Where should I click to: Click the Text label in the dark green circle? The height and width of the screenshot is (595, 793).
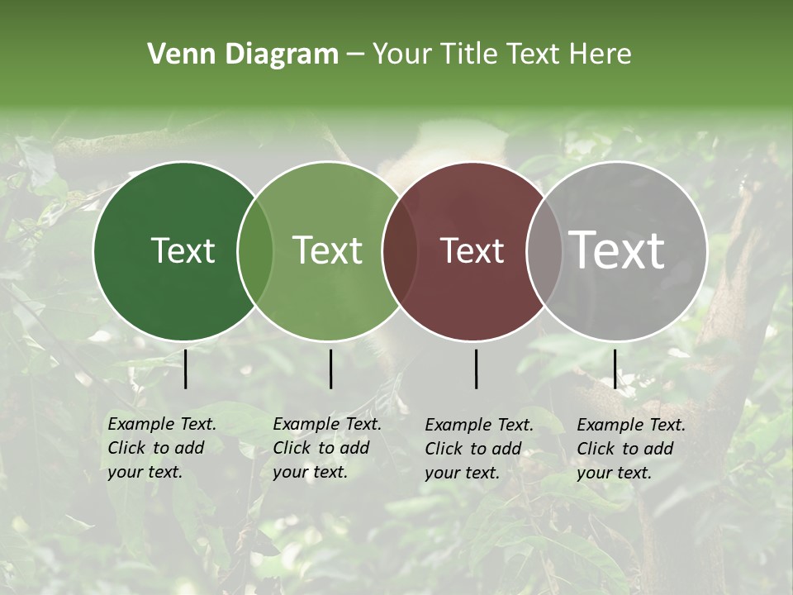183,250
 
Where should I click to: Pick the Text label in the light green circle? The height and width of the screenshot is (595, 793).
328,250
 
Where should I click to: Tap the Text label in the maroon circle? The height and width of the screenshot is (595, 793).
472,250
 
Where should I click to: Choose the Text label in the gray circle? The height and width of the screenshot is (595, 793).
617,250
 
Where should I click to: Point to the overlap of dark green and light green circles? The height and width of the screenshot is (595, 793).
255,250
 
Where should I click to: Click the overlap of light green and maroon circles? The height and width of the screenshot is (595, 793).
400,250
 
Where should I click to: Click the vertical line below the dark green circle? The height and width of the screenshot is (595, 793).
186,369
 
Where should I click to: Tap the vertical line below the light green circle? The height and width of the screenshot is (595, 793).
330,369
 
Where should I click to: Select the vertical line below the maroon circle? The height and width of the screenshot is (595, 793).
477,369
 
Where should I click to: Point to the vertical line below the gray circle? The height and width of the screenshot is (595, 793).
615,369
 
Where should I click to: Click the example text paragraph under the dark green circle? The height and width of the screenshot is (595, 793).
162,448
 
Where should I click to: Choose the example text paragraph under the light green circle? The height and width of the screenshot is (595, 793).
327,448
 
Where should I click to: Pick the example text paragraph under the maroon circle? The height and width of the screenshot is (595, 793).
479,449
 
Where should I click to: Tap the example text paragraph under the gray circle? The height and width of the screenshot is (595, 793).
631,449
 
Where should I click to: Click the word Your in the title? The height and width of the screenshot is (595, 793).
402,55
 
